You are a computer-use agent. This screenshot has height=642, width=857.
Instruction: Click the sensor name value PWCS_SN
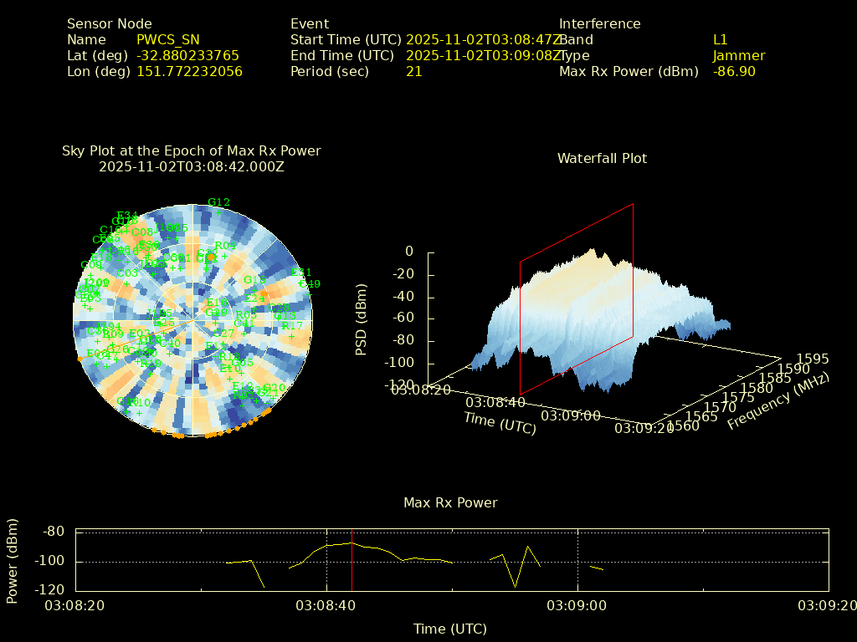pyautogui.click(x=167, y=39)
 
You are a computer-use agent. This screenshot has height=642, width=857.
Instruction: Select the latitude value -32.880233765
pyautogui.click(x=187, y=55)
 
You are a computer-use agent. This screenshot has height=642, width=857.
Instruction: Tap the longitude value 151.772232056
pyautogui.click(x=189, y=71)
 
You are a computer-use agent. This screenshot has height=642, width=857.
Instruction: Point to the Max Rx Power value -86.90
pyautogui.click(x=734, y=71)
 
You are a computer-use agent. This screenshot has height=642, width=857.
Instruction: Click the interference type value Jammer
pyautogui.click(x=738, y=55)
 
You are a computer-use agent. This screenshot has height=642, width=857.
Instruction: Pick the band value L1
pyautogui.click(x=720, y=39)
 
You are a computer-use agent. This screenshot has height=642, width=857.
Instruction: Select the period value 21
pyautogui.click(x=413, y=71)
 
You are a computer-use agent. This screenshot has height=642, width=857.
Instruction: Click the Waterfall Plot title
pyautogui.click(x=602, y=158)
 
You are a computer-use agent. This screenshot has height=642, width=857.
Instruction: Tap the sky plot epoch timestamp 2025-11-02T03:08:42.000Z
pyautogui.click(x=192, y=166)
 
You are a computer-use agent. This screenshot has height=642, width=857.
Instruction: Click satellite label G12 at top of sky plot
pyautogui.click(x=218, y=202)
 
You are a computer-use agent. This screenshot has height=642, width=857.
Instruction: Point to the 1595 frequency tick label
pyautogui.click(x=813, y=359)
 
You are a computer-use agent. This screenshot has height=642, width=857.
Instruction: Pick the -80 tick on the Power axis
pyautogui.click(x=54, y=531)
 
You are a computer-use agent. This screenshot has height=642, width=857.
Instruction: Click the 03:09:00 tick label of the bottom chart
pyautogui.click(x=577, y=604)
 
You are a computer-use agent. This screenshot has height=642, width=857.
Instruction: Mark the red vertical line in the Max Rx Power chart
pyautogui.click(x=352, y=560)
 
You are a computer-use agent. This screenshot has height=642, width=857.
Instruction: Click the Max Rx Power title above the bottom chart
pyautogui.click(x=450, y=502)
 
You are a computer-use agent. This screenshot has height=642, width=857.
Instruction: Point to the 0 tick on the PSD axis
pyautogui.click(x=409, y=251)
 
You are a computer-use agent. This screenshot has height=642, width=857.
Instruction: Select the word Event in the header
pyautogui.click(x=310, y=23)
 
